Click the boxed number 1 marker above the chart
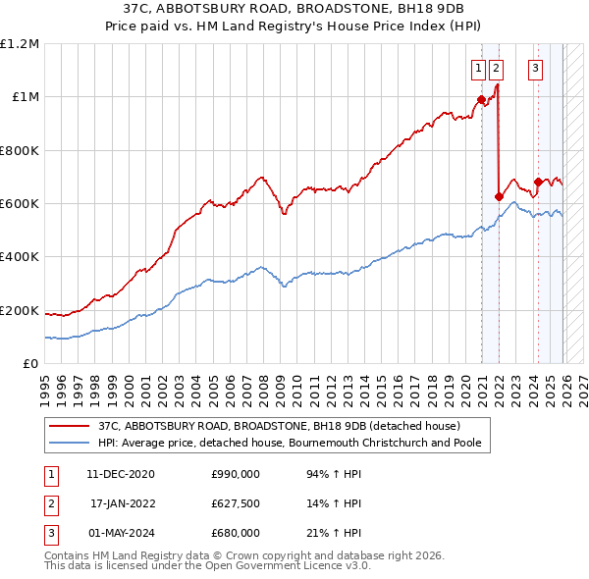478,68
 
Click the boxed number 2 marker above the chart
496,68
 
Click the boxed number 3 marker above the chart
535,68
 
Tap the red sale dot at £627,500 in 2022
499,196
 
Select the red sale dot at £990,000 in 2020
481,99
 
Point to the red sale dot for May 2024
538,182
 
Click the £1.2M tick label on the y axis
20,44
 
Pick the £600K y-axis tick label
20,204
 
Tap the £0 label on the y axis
29,364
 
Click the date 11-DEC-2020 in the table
120,474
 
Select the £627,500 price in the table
236,503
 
